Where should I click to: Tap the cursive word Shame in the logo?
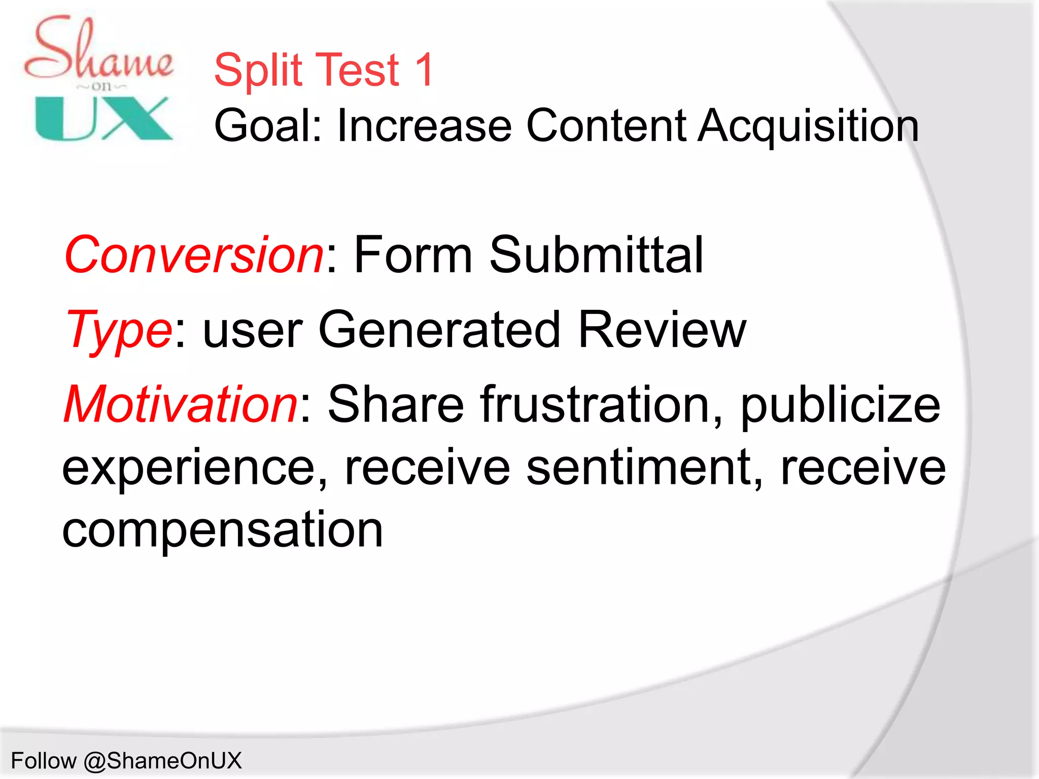click(x=99, y=51)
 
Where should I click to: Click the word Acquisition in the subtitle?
click(x=809, y=126)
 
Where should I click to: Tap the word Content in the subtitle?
click(x=606, y=126)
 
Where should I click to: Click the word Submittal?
click(x=596, y=255)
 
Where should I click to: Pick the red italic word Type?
click(x=119, y=331)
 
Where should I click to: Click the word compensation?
click(x=222, y=530)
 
